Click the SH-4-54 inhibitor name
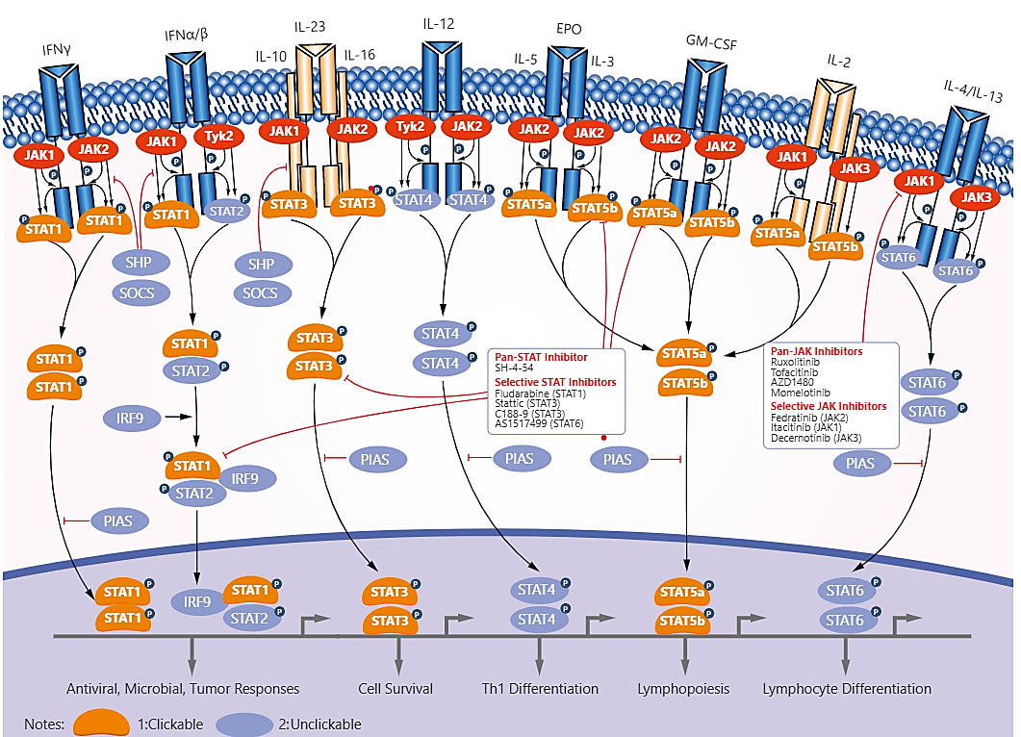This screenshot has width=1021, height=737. (515, 368)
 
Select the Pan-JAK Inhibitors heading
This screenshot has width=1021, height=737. (816, 351)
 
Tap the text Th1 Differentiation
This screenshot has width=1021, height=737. (540, 689)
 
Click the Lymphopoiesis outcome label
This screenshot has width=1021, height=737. (683, 689)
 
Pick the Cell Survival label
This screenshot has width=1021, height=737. (396, 689)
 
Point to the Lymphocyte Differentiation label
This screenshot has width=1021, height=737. (847, 689)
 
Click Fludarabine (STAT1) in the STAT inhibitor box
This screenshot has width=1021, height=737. (541, 393)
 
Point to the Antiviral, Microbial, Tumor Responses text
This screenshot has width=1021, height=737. (183, 689)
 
